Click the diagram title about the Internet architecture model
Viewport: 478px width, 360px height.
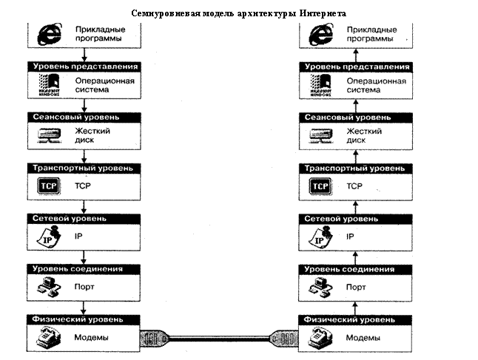pos(238,14)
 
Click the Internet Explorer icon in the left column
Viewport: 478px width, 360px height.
pos(47,33)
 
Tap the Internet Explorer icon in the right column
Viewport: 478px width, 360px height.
pos(320,33)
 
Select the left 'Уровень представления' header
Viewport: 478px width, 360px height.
pos(84,67)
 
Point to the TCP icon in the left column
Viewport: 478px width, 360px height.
pos(47,186)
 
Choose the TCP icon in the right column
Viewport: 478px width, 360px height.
pos(320,186)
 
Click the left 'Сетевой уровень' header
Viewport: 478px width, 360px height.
pos(84,219)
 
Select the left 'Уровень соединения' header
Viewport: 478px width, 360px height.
pos(84,269)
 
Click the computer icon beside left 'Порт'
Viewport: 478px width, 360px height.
pos(48,288)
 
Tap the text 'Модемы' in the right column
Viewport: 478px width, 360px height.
pos(364,338)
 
